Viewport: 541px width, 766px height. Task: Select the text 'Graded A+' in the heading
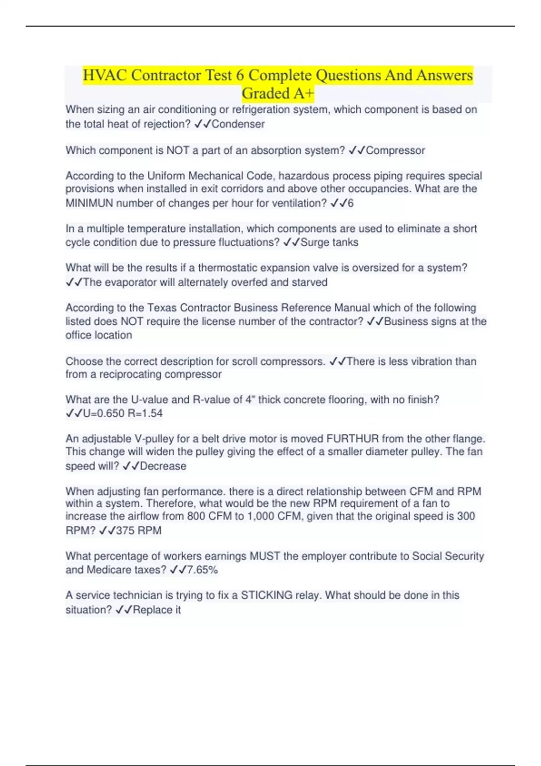point(278,93)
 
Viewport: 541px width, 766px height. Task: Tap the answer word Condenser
point(238,124)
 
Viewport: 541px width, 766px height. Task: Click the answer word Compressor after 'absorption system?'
point(395,150)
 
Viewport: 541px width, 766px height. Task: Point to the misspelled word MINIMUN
point(89,203)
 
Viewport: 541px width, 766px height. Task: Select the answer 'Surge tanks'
point(329,242)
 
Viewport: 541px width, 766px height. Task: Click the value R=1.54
point(145,413)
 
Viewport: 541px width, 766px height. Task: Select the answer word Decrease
point(163,466)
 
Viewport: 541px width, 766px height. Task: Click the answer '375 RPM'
point(138,530)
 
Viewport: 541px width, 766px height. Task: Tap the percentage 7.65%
point(202,570)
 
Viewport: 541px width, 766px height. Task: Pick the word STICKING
point(266,595)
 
